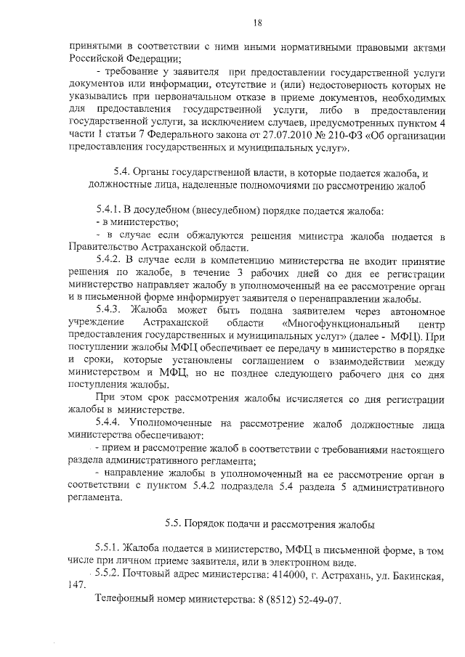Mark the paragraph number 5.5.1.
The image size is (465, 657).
pyautogui.click(x=108, y=548)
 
